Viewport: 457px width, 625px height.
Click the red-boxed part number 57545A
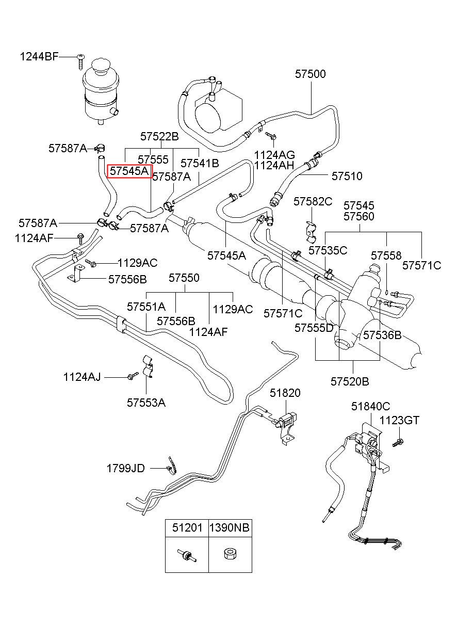(x=129, y=171)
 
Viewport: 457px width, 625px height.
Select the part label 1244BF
(x=39, y=57)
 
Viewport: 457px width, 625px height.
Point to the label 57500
(x=311, y=74)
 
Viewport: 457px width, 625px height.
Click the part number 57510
(x=347, y=176)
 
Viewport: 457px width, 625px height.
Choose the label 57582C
(x=313, y=201)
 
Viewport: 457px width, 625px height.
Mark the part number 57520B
(x=350, y=381)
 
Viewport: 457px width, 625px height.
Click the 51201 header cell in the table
(x=187, y=527)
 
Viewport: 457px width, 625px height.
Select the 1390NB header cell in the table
(x=231, y=527)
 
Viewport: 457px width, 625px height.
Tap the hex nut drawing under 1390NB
(x=230, y=554)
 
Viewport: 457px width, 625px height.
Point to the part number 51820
(x=285, y=393)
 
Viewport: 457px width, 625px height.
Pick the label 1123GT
(x=399, y=421)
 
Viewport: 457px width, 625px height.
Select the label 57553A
(x=146, y=403)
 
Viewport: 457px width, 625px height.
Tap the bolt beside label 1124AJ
(x=133, y=375)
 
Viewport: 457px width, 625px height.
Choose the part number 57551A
(x=146, y=307)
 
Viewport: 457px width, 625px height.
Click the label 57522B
(x=159, y=137)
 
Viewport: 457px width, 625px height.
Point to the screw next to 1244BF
(x=80, y=62)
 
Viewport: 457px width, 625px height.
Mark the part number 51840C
(x=370, y=407)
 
